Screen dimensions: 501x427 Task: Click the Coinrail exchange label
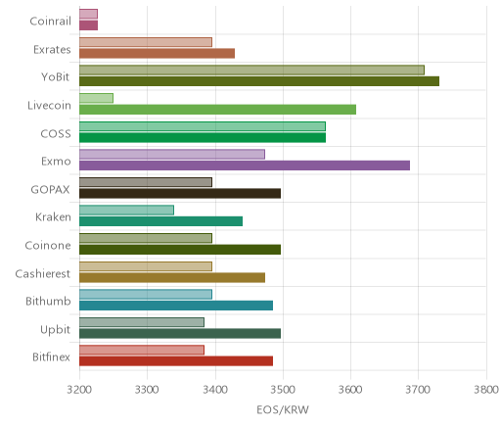point(50,22)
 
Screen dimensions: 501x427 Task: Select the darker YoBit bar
point(259,81)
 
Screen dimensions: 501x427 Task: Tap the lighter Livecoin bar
point(96,98)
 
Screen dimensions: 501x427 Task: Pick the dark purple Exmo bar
point(245,166)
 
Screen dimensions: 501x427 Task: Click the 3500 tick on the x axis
point(283,390)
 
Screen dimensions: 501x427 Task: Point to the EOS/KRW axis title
point(283,409)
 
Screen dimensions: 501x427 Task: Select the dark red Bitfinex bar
point(176,361)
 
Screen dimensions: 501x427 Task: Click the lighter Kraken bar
point(126,211)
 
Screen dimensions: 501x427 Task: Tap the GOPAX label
point(51,190)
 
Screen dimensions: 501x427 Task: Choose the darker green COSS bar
point(203,138)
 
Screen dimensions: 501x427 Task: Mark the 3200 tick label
point(79,390)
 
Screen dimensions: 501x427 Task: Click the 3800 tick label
point(486,390)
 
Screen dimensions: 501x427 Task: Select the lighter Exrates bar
point(146,42)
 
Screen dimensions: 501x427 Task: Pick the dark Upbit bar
point(180,334)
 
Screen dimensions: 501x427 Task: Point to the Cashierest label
point(43,273)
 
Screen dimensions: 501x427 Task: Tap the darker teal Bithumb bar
point(176,306)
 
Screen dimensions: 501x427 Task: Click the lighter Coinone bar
point(146,238)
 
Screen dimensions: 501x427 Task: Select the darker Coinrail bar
point(88,25)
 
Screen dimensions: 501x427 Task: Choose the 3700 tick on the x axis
point(419,390)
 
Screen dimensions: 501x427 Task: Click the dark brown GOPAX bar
point(180,194)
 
